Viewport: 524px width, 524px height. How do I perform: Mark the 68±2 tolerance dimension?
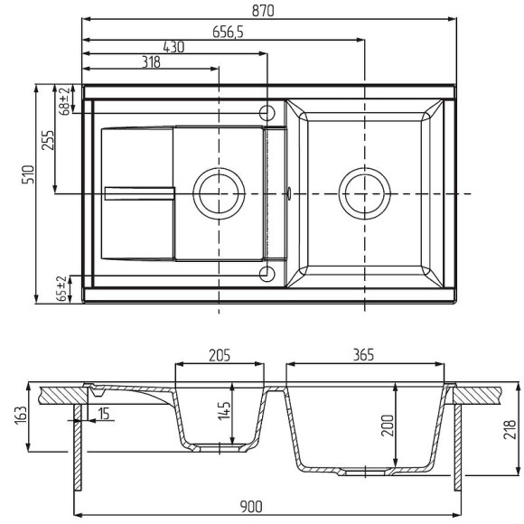pyautogui.click(x=64, y=101)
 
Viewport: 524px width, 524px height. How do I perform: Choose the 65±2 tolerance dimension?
pyautogui.click(x=61, y=289)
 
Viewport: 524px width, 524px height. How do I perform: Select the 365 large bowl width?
pyautogui.click(x=364, y=355)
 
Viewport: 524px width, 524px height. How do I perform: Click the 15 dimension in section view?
pyautogui.click(x=106, y=414)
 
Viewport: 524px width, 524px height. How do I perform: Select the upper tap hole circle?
pyautogui.click(x=267, y=113)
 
